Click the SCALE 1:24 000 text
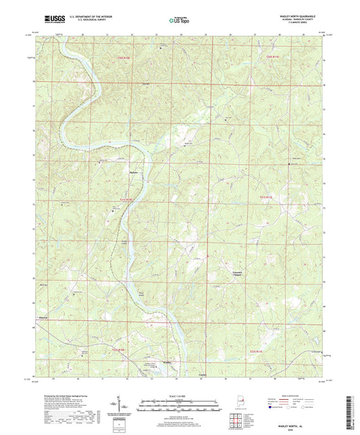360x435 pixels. click(180, 395)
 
